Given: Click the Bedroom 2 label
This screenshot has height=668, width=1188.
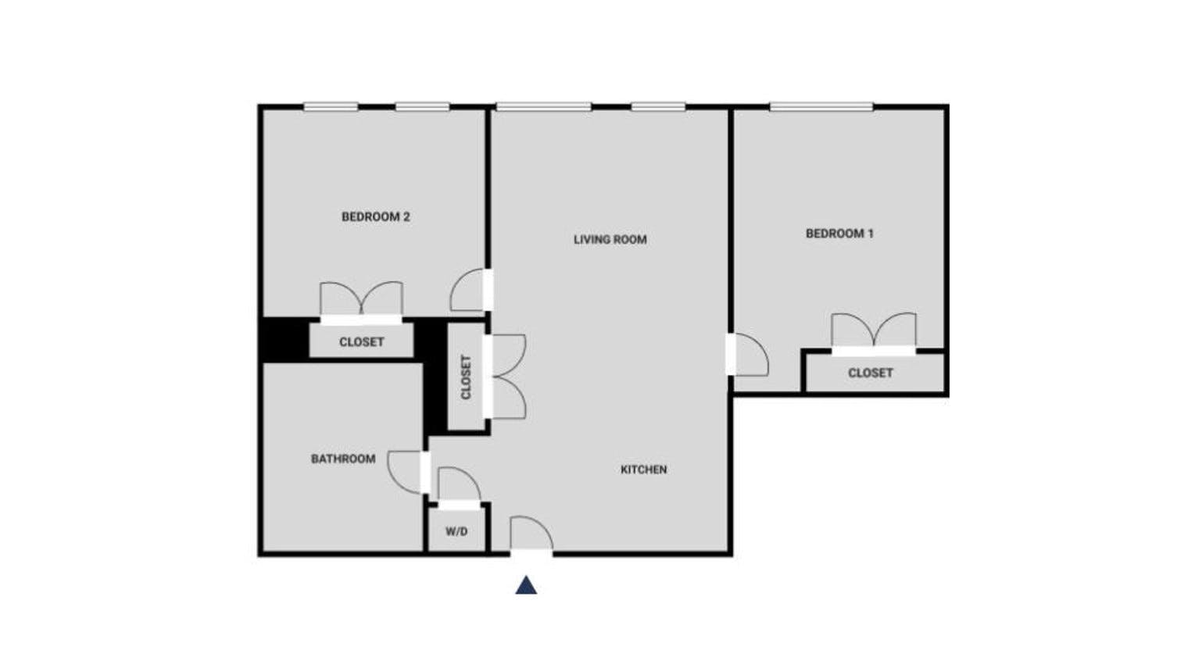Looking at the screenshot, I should (375, 217).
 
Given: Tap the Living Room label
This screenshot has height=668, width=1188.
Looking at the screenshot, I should (610, 240).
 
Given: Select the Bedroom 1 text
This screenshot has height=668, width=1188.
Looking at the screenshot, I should (839, 234).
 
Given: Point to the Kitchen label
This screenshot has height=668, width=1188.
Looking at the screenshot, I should (643, 470).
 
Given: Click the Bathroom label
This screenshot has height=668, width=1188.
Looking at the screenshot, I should (343, 459).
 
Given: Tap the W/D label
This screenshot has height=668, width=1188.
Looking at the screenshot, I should (456, 531).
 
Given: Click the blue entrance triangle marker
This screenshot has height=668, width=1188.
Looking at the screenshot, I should (526, 585).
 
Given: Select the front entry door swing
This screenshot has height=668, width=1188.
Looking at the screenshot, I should (531, 535).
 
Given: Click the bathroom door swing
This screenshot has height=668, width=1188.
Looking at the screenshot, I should (407, 472).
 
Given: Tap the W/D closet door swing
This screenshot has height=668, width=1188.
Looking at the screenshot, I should (458, 485).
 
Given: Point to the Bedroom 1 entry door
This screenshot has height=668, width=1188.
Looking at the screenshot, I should (749, 355).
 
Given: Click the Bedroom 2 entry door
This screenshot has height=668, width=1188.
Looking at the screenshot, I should (470, 291).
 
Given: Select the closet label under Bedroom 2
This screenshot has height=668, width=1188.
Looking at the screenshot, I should (361, 342).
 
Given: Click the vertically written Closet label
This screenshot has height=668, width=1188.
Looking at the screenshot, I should (466, 377).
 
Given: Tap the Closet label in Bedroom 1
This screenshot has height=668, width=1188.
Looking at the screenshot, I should (870, 373).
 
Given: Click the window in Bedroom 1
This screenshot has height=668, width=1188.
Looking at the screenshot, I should (821, 107).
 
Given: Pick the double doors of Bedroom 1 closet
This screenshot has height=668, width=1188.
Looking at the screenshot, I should (873, 331).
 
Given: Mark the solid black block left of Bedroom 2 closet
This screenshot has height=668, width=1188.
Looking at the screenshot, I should (283, 340).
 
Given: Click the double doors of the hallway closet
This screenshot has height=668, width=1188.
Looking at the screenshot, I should (506, 377).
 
